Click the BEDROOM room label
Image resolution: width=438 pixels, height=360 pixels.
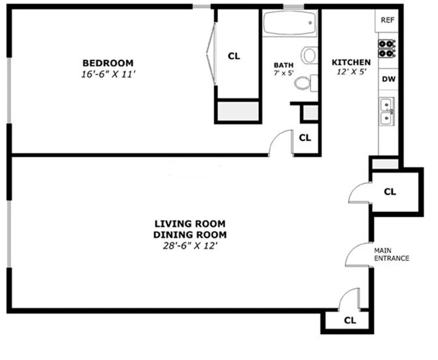point(108,63)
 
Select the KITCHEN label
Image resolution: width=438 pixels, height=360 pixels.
point(351,62)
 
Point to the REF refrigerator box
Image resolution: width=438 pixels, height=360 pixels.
point(387,20)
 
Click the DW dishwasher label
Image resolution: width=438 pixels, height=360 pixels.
point(387,79)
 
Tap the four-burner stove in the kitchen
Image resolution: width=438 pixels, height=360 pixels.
point(387,49)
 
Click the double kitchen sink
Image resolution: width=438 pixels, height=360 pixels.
point(387,112)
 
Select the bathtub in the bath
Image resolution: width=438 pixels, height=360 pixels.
point(290,23)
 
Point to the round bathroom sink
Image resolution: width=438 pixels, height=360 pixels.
point(309,55)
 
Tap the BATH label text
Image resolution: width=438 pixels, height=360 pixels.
point(284,65)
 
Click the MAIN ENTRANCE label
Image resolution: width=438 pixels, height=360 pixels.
point(391,254)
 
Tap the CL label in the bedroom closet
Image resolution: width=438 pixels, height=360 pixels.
point(234,56)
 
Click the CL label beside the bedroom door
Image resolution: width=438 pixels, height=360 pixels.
point(305,138)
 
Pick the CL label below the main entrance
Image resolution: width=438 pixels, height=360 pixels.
point(350,321)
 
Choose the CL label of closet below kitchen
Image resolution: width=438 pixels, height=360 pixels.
point(390,191)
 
